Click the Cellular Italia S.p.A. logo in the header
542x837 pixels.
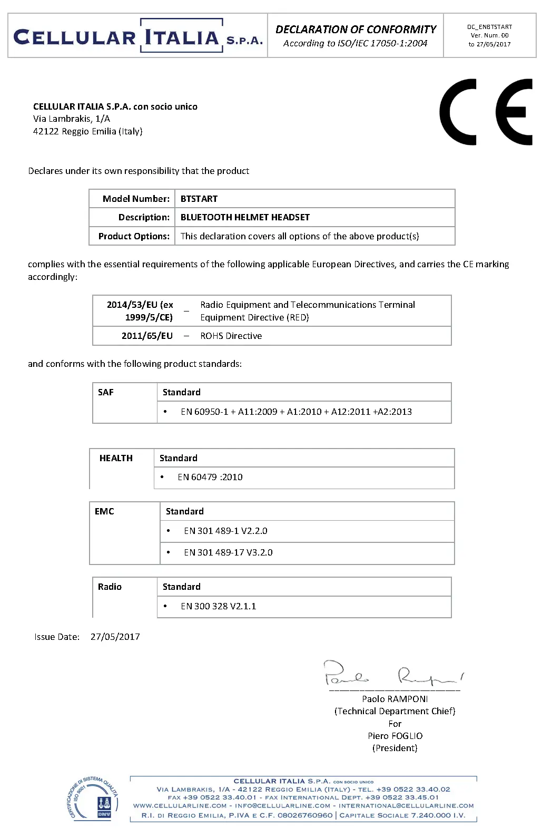[x=137, y=36]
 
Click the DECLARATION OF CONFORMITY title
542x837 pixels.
[x=356, y=30]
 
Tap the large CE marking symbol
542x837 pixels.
[x=486, y=112]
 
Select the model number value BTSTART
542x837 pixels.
[x=199, y=199]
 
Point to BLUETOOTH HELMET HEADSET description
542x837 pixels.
[x=245, y=217]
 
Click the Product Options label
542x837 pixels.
[x=134, y=236]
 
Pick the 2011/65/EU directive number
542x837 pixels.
[x=147, y=336]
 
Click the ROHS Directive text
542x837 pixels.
[x=231, y=336]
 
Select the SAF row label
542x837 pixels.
[x=106, y=392]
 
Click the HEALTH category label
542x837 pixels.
[x=116, y=458]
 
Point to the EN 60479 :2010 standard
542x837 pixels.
[x=210, y=477]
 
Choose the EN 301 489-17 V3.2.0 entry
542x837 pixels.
[x=228, y=552]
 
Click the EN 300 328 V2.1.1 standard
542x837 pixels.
[x=218, y=606]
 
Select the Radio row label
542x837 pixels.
[x=110, y=587]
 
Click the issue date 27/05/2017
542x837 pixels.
[x=115, y=637]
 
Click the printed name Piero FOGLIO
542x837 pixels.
[x=395, y=736]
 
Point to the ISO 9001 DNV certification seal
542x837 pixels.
[x=94, y=799]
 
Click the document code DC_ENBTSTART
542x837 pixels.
[x=489, y=27]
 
